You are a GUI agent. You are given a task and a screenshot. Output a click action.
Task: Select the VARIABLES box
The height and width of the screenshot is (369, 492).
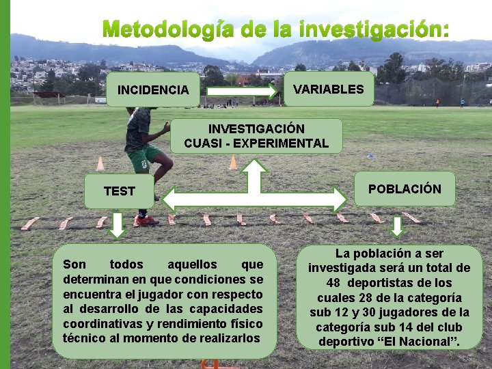click(329, 90)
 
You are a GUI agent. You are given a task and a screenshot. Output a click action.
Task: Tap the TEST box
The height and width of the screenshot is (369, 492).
click(120, 191)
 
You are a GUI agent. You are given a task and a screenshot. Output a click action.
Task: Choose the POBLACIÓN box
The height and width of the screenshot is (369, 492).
click(405, 189)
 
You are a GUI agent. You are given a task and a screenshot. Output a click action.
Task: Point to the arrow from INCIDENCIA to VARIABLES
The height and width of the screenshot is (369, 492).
click(242, 89)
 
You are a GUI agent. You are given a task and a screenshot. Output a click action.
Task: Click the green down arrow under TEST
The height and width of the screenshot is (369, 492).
click(118, 225)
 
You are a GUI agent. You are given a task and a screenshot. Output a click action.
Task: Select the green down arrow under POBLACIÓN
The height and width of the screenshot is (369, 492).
click(398, 227)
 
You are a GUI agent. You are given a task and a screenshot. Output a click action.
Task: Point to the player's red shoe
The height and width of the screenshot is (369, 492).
click(144, 221)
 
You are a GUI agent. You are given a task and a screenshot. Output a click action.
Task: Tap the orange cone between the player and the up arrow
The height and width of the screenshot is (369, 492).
click(233, 162)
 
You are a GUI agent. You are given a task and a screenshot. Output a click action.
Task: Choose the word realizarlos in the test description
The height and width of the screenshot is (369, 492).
click(228, 338)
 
